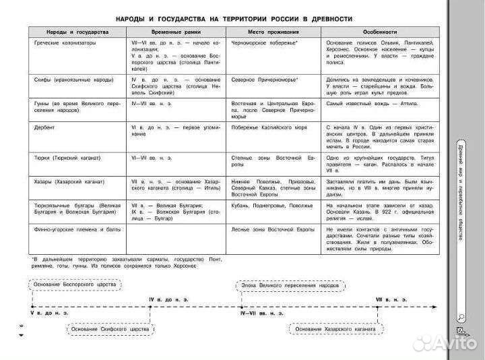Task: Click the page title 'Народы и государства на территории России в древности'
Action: pyautogui.click(x=233, y=18)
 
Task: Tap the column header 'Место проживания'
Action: pyautogui.click(x=273, y=32)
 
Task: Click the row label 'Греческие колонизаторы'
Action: pyautogui.click(x=65, y=42)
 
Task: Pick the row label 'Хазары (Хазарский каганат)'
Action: pyautogui.click(x=71, y=181)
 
